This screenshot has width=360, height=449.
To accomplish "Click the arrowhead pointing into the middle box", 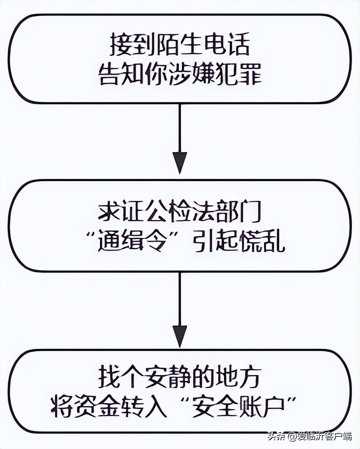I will pos(180,162).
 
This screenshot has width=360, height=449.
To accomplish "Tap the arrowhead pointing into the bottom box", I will pos(180,336).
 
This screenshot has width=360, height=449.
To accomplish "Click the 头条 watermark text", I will pos(277,436).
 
